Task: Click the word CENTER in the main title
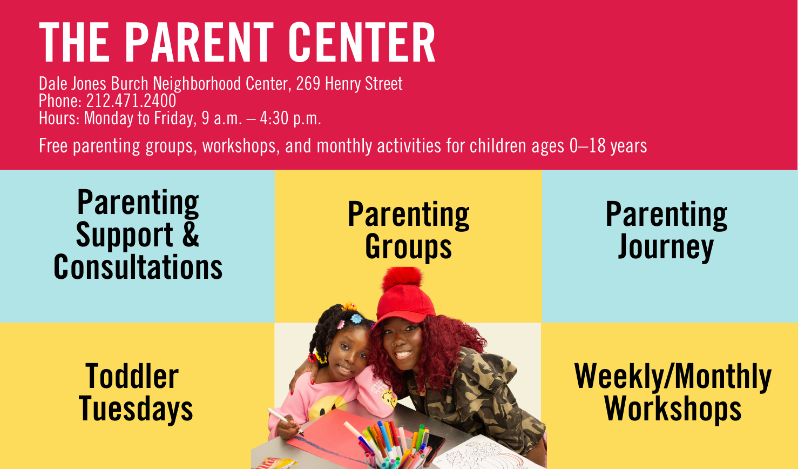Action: pos(362,42)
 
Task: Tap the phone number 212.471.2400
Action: pos(131,101)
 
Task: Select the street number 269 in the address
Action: pos(308,84)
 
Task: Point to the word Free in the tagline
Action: pos(53,146)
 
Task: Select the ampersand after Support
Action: pos(191,234)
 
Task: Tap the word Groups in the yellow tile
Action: pos(408,247)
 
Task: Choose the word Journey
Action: pos(666,247)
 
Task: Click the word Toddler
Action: pos(132,376)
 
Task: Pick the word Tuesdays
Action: pos(136,409)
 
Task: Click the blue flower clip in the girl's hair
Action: pos(356,318)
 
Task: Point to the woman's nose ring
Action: pos(394,345)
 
